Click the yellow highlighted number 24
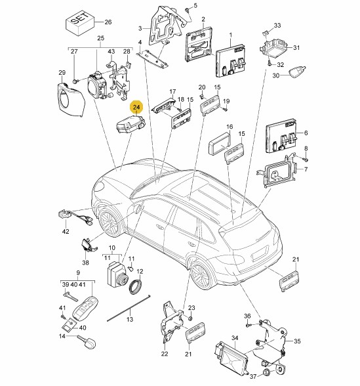tap(136, 107)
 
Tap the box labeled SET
tap(80, 23)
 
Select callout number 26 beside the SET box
tap(108, 22)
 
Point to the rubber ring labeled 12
tap(136, 286)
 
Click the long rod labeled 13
tap(129, 308)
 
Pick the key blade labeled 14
tap(87, 341)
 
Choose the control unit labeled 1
tap(230, 61)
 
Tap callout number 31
tap(296, 47)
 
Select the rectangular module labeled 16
tap(220, 144)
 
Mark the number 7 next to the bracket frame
tap(306, 169)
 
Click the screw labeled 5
tap(188, 10)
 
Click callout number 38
tap(85, 263)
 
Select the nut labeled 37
tap(267, 372)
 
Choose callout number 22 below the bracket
tap(165, 354)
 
